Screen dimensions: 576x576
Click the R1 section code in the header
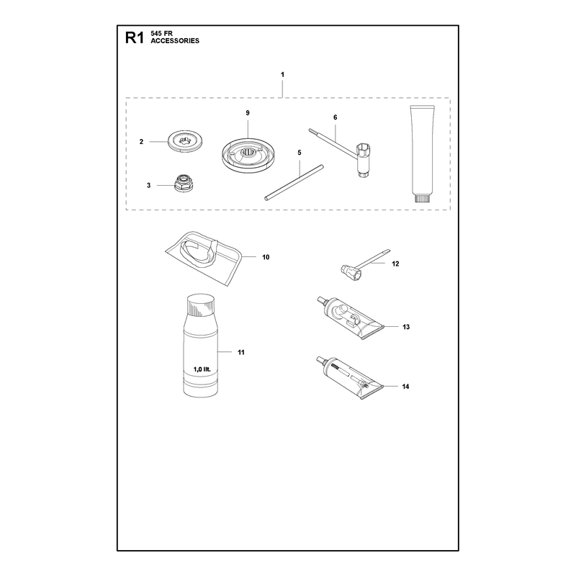click(134, 37)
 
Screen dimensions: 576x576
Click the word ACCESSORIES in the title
click(175, 41)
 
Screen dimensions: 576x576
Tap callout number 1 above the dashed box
click(282, 75)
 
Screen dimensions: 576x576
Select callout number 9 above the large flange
click(248, 113)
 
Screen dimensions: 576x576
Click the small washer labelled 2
click(186, 141)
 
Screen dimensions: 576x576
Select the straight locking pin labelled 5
click(294, 182)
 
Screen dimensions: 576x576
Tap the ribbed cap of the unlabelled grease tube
click(423, 199)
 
